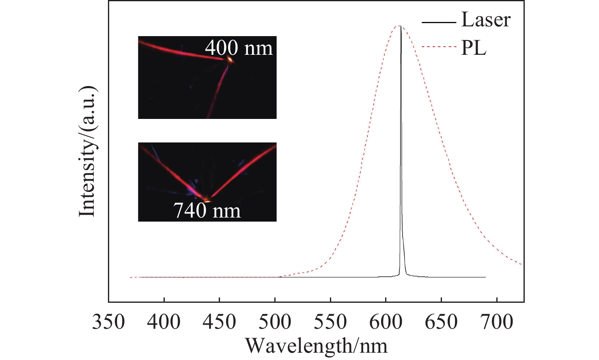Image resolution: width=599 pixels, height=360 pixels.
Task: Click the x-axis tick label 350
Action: pos(108,322)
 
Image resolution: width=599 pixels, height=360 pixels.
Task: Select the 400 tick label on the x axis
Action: pos(164,322)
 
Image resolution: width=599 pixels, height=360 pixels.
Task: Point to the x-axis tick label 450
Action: pos(220,322)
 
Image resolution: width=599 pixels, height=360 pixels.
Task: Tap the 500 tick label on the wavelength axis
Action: pos(275,322)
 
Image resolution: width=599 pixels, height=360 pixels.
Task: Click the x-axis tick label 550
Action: pos(330,322)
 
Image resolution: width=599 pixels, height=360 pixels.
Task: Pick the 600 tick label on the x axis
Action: pos(386,322)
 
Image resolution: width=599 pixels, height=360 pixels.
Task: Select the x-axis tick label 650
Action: pos(441,322)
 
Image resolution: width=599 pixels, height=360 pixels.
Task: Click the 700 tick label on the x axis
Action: pos(497,322)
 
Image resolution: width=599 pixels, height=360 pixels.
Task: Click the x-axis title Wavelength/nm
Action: pos(316,346)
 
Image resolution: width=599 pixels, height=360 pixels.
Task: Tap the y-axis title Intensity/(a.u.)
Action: pos(87,151)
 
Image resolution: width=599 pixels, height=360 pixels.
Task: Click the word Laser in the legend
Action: pos(486,20)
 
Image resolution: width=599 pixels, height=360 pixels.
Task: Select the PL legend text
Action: pos(474,48)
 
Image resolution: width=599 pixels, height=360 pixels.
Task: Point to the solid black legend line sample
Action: pos(439,22)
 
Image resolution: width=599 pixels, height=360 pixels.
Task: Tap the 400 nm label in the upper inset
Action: pos(239,47)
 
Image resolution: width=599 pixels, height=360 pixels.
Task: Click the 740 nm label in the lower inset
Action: pos(207,210)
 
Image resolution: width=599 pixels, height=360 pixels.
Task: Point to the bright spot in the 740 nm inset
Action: pos(207,200)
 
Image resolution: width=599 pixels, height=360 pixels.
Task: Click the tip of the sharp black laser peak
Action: pos(401,27)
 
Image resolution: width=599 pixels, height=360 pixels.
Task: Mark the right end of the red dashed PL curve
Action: pos(522,265)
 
